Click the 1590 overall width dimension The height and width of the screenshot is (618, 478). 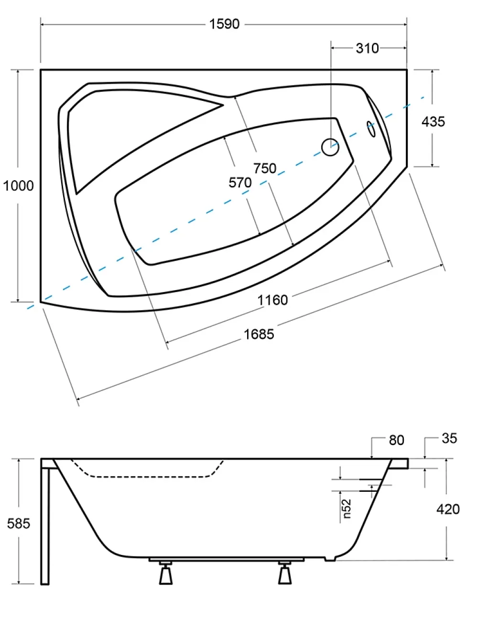pyautogui.click(x=224, y=24)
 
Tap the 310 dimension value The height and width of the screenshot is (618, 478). pyautogui.click(x=367, y=48)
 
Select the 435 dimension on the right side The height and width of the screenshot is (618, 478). pyautogui.click(x=433, y=122)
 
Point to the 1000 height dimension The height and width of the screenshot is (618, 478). pyautogui.click(x=18, y=186)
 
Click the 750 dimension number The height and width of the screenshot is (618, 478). pyautogui.click(x=265, y=168)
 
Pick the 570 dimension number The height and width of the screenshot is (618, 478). pyautogui.click(x=240, y=182)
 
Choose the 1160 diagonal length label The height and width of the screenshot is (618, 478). pyautogui.click(x=272, y=300)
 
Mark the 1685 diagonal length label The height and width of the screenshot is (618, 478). pyautogui.click(x=259, y=334)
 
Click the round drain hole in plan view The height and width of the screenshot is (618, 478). pyautogui.click(x=330, y=147)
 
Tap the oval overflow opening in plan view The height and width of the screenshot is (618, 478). pyautogui.click(x=371, y=129)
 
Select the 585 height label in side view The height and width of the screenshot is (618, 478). pyautogui.click(x=19, y=523)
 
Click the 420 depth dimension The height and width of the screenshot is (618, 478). pyautogui.click(x=448, y=510)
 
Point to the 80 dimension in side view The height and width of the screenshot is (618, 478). pyautogui.click(x=396, y=440)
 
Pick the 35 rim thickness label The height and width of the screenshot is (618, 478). pyautogui.click(x=449, y=438)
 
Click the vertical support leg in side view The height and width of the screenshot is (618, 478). pyautogui.click(x=44, y=526)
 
